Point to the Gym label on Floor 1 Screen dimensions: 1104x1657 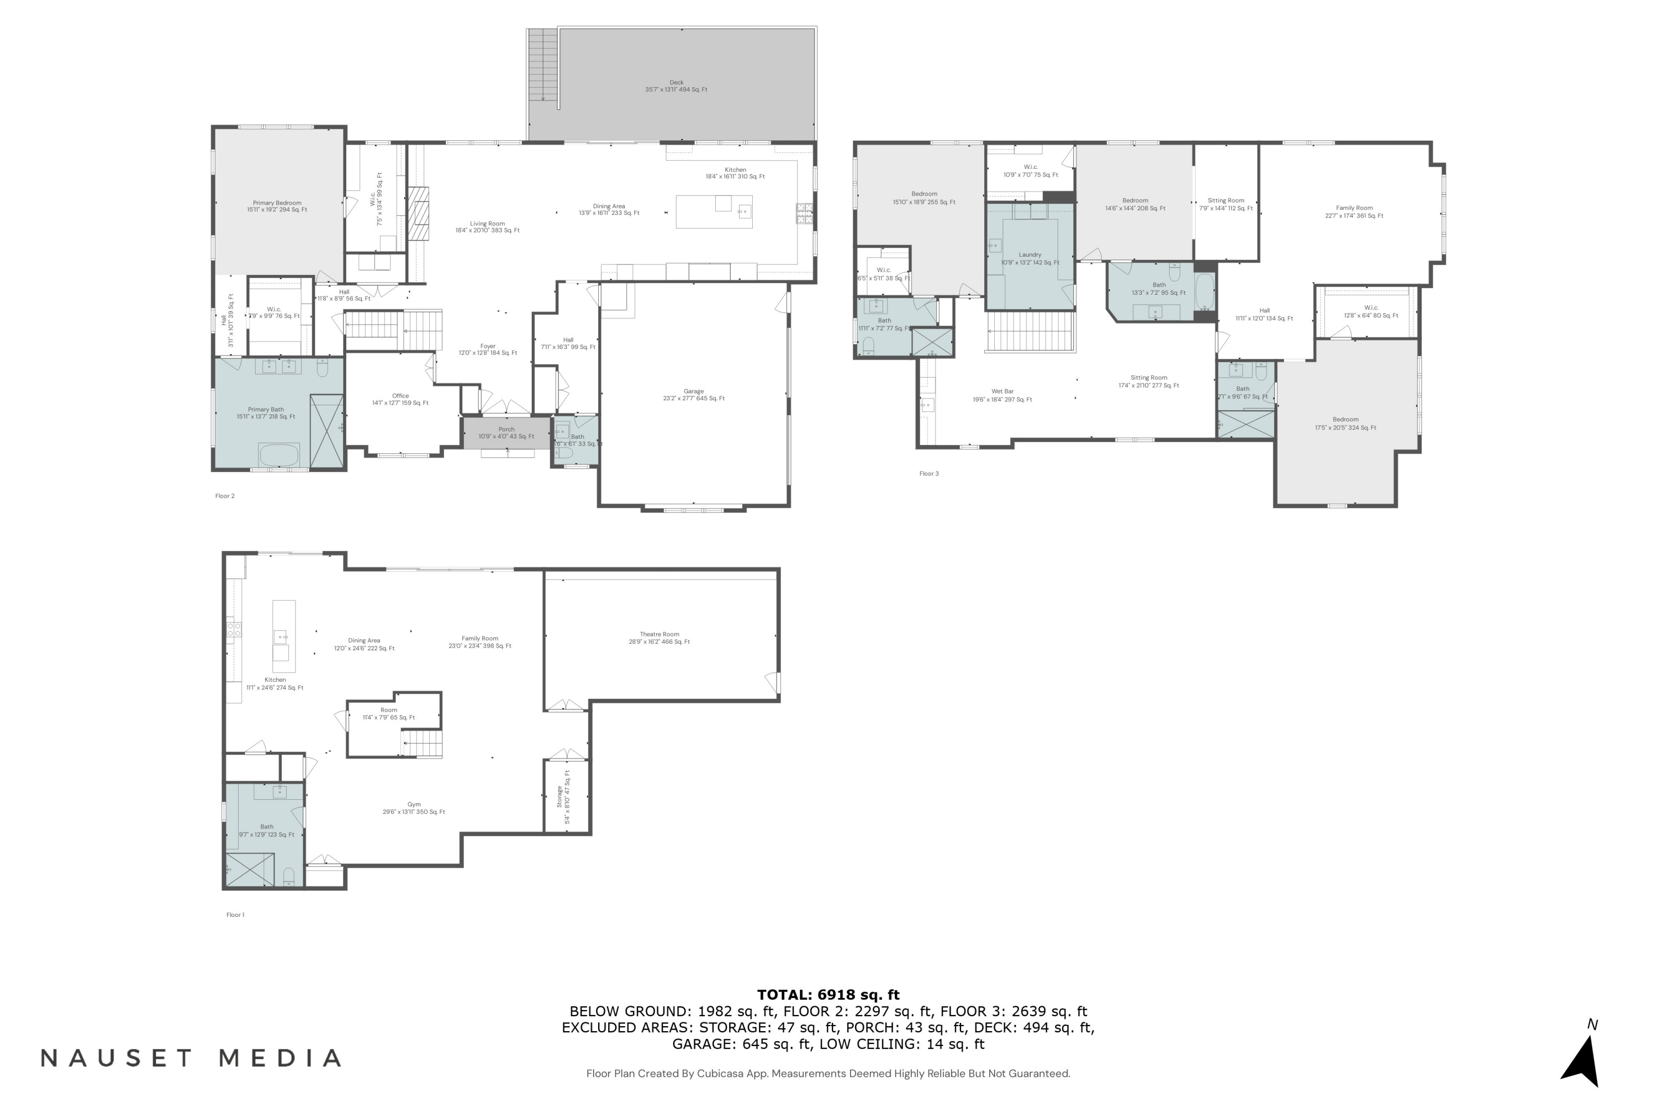414,808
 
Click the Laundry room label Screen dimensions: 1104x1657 1030,258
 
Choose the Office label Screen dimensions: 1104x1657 400,399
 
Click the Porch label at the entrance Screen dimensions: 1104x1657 506,432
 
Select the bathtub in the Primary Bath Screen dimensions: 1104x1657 279,455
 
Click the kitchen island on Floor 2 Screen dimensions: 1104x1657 714,212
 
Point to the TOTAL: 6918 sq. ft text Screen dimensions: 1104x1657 828,995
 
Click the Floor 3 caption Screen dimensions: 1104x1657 928,474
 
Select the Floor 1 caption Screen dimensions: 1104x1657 235,915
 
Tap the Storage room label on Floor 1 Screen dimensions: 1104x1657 563,797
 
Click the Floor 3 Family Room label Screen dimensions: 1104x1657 1353,212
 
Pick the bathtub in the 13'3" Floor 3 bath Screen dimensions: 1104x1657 1204,291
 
